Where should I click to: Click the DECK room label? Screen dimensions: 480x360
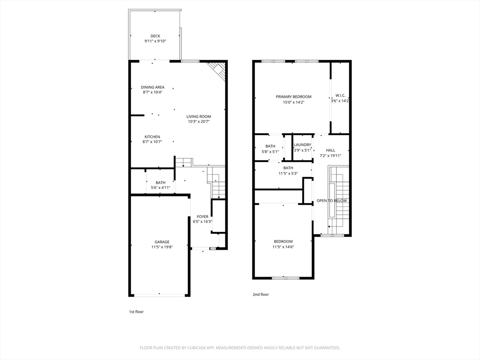155,36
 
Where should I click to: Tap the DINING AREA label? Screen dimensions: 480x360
152,87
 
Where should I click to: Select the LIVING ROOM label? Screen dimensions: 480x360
199,116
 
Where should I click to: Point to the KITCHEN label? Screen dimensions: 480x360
152,137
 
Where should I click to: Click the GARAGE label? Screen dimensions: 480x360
162,242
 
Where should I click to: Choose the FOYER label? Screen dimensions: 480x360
202,217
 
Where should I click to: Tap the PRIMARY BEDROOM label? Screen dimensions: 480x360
293,97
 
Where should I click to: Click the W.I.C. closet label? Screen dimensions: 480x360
340,96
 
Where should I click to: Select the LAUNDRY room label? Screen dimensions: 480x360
302,145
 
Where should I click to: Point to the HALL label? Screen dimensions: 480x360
330,150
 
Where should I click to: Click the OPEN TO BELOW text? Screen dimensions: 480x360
331,201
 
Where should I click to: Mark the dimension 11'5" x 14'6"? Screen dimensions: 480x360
283,247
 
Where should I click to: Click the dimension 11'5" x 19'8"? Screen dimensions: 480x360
162,247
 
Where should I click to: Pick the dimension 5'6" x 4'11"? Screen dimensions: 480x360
160,187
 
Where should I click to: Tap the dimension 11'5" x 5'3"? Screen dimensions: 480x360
288,173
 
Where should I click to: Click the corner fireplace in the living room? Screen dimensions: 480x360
218,71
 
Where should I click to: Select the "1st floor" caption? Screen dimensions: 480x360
136,312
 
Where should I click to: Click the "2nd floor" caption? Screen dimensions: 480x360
261,294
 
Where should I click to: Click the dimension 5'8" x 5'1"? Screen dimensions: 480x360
270,151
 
